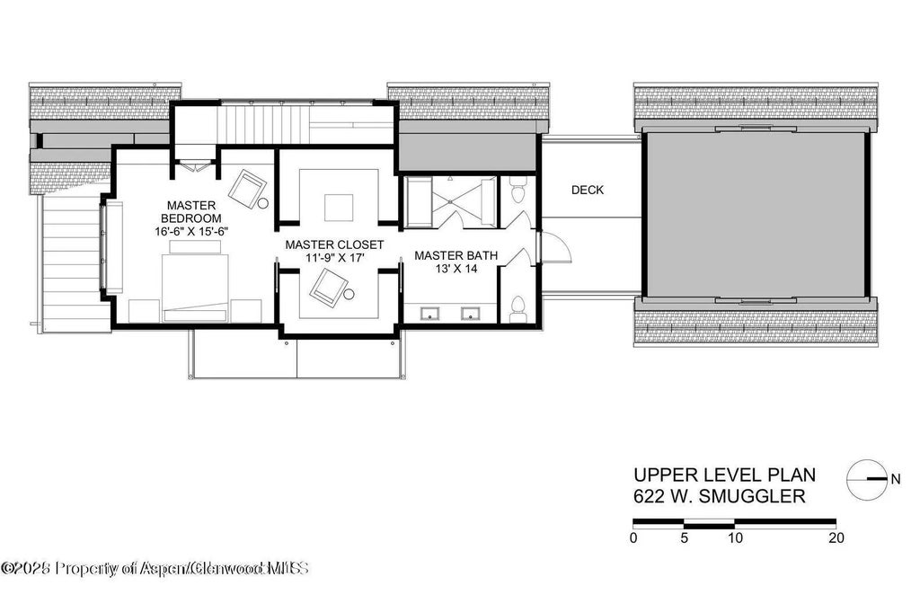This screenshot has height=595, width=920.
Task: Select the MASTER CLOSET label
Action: click(334, 244)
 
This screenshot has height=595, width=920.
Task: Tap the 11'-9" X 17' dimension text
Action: click(334, 259)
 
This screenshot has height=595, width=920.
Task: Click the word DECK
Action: click(588, 190)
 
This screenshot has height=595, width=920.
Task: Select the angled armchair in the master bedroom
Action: click(247, 190)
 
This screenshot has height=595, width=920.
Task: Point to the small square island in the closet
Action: click(338, 208)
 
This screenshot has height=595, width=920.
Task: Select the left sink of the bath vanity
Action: click(429, 314)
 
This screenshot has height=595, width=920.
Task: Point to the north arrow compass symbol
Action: click(867, 479)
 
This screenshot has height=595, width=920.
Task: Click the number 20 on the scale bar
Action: click(836, 538)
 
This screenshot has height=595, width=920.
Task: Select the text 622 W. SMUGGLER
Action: click(719, 495)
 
